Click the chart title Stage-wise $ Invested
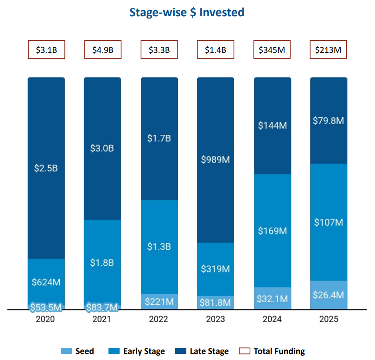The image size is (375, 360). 186,13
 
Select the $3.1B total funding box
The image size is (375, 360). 46,50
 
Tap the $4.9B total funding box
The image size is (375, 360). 102,50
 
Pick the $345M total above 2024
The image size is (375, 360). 272,50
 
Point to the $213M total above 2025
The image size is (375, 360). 328,50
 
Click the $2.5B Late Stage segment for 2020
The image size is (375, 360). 46,168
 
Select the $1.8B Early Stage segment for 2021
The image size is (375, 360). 102,263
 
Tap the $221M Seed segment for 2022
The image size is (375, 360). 159,302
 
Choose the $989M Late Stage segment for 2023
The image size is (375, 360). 216,160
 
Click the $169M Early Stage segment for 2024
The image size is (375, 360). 272,230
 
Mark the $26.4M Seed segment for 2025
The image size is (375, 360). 328,295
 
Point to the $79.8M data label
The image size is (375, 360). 328,121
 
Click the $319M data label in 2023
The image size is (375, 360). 216,269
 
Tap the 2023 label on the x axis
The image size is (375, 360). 216,319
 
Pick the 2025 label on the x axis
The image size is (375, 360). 328,319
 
